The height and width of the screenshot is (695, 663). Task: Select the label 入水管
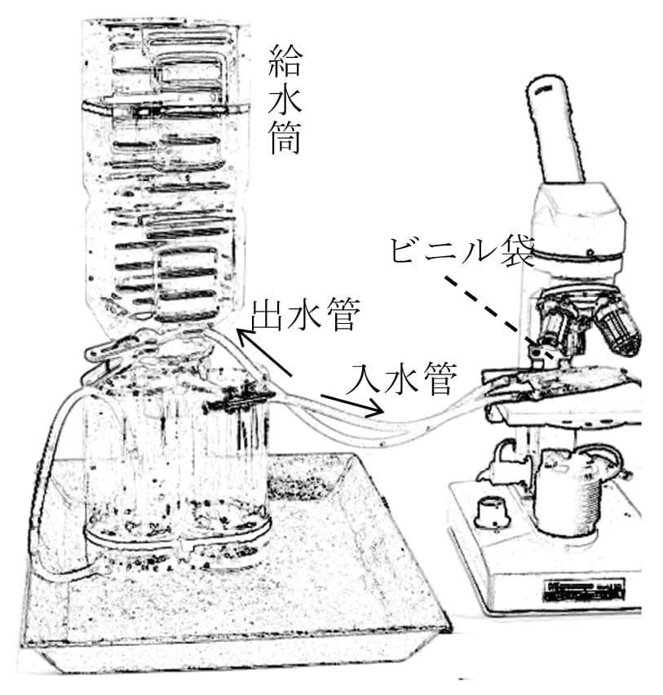pos(405,377)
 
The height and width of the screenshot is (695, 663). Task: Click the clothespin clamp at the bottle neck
pos(122,347)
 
